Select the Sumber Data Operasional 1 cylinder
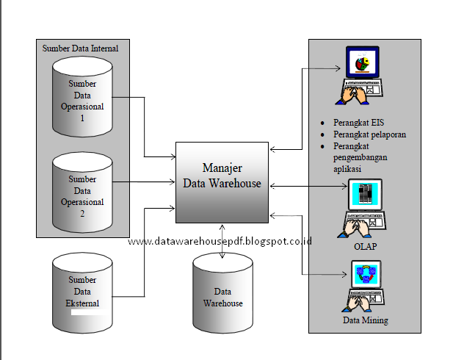click(82, 99)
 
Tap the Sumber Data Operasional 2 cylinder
click(82, 195)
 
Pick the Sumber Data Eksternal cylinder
click(82, 290)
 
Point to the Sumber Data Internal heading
click(81, 48)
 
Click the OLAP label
click(365, 246)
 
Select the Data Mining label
click(365, 320)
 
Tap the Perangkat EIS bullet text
click(352, 123)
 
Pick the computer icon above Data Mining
click(365, 288)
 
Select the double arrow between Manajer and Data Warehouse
click(222, 240)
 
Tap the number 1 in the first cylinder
click(82, 117)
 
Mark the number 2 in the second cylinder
click(82, 213)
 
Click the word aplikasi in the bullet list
click(348, 168)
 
